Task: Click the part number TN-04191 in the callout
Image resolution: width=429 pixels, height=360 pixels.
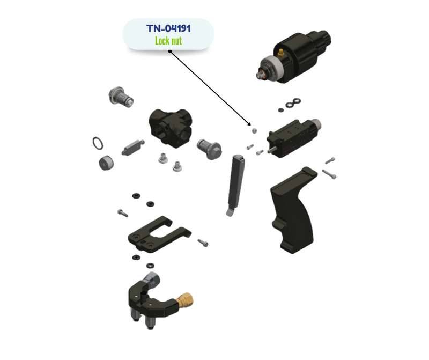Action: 168,28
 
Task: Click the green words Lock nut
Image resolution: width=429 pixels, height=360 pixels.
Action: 168,41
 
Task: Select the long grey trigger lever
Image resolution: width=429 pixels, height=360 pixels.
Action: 236,185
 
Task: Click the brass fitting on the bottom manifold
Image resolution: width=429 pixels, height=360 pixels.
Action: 184,300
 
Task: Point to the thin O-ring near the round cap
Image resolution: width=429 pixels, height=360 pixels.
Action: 98,143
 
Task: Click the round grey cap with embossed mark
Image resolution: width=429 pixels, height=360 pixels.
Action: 106,163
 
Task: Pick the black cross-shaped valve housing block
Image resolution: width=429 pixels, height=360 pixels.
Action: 170,128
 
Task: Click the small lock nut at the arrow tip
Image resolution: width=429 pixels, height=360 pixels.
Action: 254,131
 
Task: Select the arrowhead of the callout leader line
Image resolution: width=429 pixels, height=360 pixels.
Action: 249,124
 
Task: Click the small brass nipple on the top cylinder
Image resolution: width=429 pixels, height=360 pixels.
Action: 280,52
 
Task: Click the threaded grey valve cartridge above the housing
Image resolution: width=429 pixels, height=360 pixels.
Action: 121,97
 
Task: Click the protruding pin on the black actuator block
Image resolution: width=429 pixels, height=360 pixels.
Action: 272,150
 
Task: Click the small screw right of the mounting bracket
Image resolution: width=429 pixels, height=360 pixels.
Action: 203,243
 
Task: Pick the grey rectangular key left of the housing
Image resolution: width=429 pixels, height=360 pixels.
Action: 133,148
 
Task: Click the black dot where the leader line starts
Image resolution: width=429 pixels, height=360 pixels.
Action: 169,51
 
